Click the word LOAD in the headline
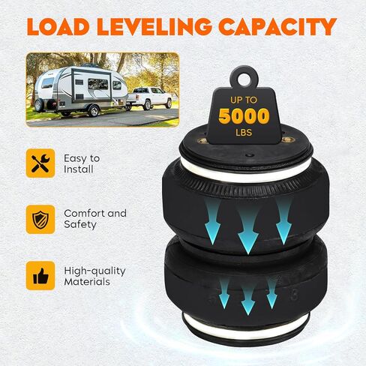point(58,26)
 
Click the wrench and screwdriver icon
point(40,163)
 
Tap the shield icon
point(40,220)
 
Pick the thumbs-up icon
point(40,276)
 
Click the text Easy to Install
point(82,163)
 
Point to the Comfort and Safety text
point(95,219)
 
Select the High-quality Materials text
point(94,276)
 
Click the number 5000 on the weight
point(244,116)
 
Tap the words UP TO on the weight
point(244,100)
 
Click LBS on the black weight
point(244,133)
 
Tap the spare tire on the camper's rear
point(39,105)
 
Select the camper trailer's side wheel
point(94,111)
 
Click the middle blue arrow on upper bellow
point(248,230)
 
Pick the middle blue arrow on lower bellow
point(248,298)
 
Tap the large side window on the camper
point(98,84)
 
